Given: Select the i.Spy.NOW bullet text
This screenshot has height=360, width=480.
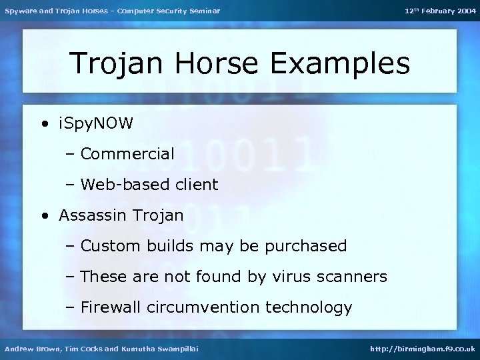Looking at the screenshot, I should point(96,123).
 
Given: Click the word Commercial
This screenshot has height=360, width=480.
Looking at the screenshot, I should point(127,154).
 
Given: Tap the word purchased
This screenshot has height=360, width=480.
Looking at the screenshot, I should point(306,246).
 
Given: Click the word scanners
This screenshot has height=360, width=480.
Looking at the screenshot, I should point(353,277).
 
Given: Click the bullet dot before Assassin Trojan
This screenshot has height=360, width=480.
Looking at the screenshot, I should point(44,216).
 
